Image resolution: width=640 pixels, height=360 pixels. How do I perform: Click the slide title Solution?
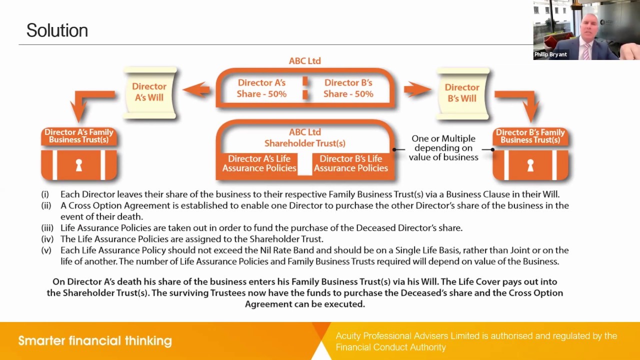57,30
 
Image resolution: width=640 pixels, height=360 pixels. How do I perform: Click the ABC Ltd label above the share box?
304,60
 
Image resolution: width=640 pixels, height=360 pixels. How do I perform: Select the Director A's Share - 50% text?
261,88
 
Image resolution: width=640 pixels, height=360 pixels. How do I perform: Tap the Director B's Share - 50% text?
348,88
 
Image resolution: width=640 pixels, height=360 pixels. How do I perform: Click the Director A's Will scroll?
149,92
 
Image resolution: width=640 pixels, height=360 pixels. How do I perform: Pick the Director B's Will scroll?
462,93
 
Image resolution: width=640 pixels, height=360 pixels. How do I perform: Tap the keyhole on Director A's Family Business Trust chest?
78,165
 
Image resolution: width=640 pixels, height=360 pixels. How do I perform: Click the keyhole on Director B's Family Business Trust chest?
530,165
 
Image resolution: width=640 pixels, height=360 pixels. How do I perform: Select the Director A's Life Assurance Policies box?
259,163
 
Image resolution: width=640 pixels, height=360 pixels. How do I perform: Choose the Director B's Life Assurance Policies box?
350,163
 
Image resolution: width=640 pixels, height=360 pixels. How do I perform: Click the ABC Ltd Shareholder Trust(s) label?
304,137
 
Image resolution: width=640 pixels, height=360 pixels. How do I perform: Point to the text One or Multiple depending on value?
443,147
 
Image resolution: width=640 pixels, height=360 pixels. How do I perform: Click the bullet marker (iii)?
47,228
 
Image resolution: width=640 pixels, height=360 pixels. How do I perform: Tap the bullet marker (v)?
46,250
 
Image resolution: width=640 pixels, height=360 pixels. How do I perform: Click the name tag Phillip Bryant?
550,54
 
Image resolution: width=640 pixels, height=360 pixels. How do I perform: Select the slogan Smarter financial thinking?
95,341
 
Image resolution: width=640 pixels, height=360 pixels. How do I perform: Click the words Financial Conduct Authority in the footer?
390,347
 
